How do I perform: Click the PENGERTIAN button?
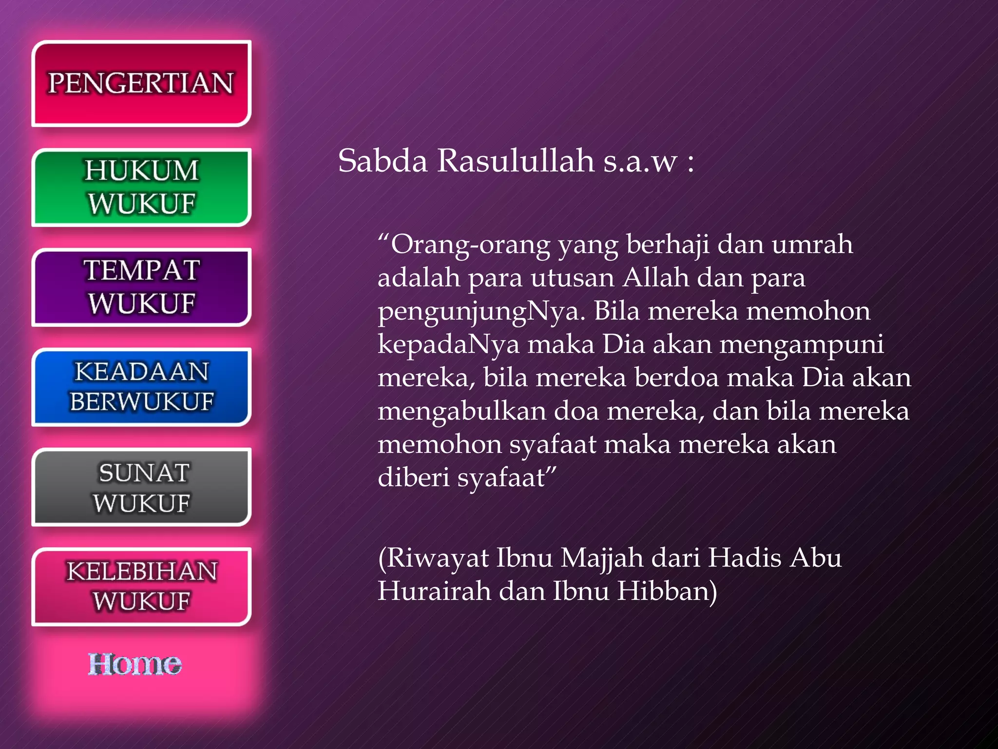pyautogui.click(x=141, y=83)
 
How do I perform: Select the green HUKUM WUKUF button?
pyautogui.click(x=141, y=187)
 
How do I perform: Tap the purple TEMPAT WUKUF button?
pyautogui.click(x=141, y=287)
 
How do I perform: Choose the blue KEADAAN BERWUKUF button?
pyautogui.click(x=141, y=387)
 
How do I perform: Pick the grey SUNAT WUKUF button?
pyautogui.click(x=141, y=487)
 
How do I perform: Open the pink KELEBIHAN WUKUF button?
pyautogui.click(x=141, y=587)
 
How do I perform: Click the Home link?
pyautogui.click(x=135, y=664)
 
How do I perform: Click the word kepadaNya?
pyautogui.click(x=449, y=344)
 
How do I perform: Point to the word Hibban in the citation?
pyautogui.click(x=667, y=591)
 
